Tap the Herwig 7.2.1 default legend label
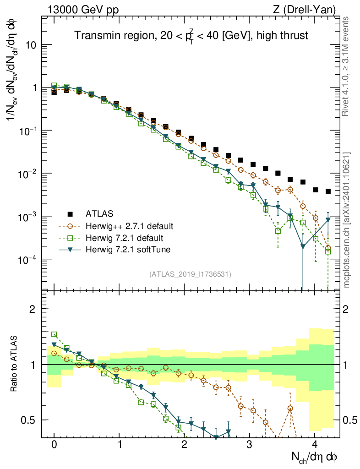point(124,238)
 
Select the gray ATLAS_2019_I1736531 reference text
point(190,274)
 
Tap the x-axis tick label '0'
point(54,445)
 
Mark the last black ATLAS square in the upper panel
point(328,191)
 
